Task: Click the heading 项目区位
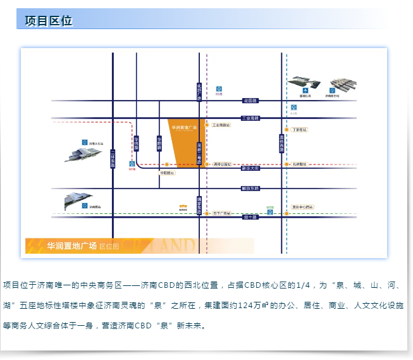[49, 21]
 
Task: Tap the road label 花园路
[250, 101]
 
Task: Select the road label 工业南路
[250, 118]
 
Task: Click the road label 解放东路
[250, 189]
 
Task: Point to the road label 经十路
[250, 217]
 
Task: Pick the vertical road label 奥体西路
[281, 143]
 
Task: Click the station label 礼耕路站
[300, 164]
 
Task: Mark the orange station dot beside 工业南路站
[206, 125]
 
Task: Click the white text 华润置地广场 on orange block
[185, 127]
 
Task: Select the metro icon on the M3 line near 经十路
[270, 213]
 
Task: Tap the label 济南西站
[95, 207]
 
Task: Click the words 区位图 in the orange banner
[109, 246]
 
